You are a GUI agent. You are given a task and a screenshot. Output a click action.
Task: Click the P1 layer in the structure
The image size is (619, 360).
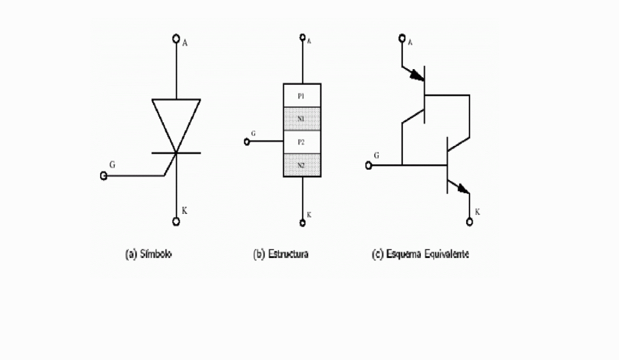[302, 96]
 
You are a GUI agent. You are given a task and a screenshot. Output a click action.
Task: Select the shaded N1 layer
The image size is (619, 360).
[302, 119]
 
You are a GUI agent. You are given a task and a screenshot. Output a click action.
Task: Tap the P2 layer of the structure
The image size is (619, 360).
[302, 142]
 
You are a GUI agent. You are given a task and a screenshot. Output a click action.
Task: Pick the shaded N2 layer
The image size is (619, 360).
[302, 165]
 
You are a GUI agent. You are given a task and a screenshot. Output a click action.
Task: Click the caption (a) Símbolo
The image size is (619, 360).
[149, 254]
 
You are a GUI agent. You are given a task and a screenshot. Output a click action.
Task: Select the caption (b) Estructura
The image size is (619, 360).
[281, 254]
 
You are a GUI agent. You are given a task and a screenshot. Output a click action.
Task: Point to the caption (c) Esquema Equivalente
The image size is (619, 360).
[420, 254]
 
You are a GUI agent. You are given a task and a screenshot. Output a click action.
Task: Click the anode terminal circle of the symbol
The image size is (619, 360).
[176, 38]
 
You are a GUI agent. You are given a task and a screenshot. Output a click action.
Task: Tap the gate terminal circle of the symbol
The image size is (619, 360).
[103, 176]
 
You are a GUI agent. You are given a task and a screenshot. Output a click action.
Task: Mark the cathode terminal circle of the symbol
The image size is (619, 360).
[176, 222]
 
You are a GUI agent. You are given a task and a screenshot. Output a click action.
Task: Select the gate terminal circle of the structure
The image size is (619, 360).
[247, 142]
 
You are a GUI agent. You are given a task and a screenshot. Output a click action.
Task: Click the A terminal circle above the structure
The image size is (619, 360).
[302, 37]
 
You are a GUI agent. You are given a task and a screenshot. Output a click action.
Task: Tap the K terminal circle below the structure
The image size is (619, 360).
[302, 223]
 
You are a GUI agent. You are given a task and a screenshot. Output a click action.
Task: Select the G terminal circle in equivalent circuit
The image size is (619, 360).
[368, 165]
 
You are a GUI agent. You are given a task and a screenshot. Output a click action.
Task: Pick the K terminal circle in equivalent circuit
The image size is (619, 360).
[469, 222]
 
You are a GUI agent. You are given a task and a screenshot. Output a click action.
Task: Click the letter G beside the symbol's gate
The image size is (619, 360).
[112, 165]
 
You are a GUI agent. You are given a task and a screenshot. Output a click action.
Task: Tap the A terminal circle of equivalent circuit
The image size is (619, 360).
[402, 38]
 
